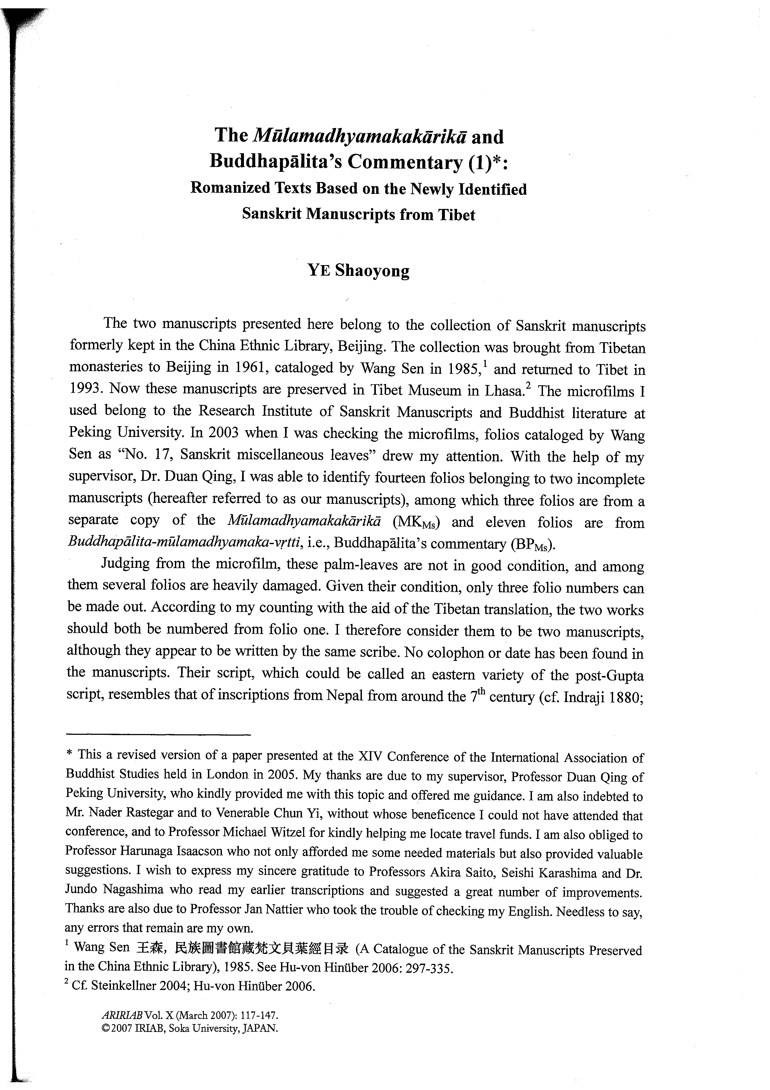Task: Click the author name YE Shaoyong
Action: tap(358, 270)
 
